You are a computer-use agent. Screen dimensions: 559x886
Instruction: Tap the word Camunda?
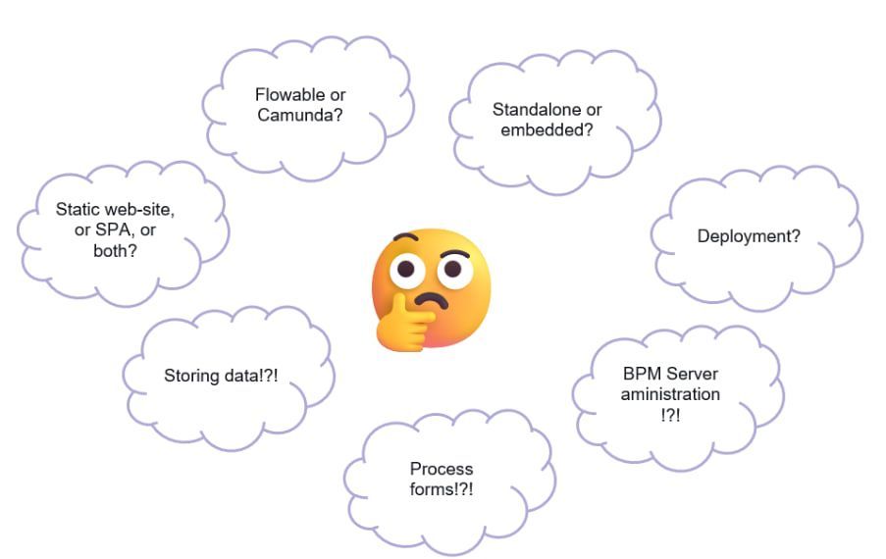[x=306, y=115]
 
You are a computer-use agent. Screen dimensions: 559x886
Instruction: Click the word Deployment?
[x=749, y=236]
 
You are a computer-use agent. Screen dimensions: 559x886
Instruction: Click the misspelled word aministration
[x=670, y=394]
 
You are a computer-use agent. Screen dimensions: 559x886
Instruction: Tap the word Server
[x=693, y=375]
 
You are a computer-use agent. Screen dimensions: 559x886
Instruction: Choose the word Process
[x=442, y=469]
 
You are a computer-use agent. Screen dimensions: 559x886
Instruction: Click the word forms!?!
[x=442, y=488]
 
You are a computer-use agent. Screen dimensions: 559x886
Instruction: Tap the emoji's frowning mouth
[x=432, y=299]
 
